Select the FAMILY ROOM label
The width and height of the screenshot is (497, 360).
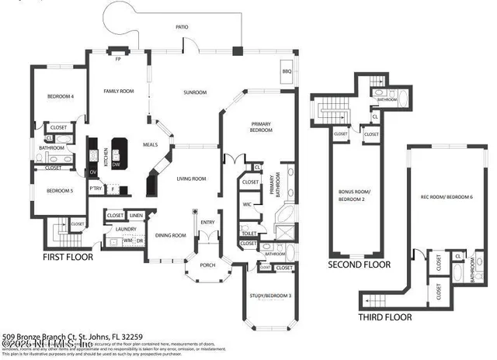[120, 92]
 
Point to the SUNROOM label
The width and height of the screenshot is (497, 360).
[195, 93]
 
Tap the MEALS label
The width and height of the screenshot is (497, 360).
[151, 144]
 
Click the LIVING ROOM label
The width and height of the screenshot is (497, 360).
[191, 179]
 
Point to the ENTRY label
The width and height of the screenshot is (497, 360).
[207, 223]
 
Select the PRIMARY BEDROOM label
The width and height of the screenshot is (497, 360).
[260, 126]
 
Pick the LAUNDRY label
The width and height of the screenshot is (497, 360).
[126, 229]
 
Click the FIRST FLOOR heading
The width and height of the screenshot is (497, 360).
[68, 256]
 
